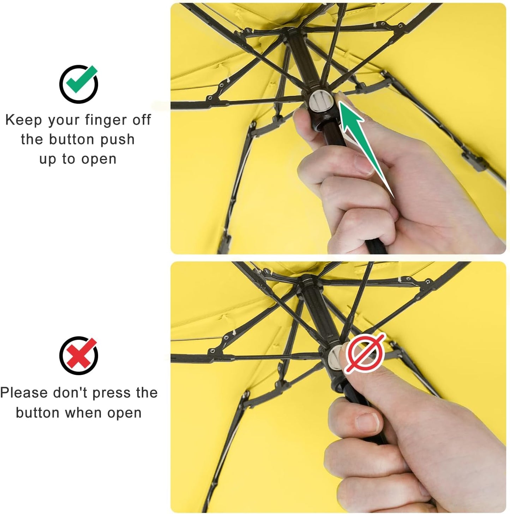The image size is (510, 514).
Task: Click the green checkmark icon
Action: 79,83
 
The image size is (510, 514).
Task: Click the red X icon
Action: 79,355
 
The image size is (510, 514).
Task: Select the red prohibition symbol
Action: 365,353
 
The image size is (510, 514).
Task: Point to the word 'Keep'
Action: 24,120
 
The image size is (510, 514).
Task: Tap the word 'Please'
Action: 24,393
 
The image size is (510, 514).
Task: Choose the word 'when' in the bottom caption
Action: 83,413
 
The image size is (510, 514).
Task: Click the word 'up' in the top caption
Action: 48,159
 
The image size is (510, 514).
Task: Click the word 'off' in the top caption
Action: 142,120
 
